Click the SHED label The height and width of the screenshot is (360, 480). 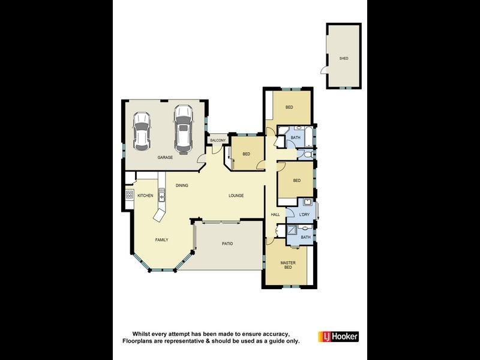pyautogui.click(x=344, y=58)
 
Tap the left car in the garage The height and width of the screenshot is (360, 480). pyautogui.click(x=142, y=131)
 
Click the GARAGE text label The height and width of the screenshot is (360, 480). pyautogui.click(x=165, y=157)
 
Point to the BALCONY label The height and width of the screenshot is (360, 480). pyautogui.click(x=218, y=140)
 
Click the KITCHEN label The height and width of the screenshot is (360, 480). pyautogui.click(x=145, y=196)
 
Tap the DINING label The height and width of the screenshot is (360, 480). pyautogui.click(x=182, y=185)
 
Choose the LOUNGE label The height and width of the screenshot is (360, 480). pyautogui.click(x=236, y=196)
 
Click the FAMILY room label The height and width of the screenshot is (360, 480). pyautogui.click(x=162, y=239)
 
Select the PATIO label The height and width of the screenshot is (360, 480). pyautogui.click(x=227, y=244)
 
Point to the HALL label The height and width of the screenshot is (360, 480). pyautogui.click(x=275, y=214)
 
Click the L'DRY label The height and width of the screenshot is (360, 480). pyautogui.click(x=305, y=214)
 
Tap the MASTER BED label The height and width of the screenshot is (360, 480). pyautogui.click(x=288, y=265)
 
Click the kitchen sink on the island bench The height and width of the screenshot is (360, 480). pyautogui.click(x=161, y=194)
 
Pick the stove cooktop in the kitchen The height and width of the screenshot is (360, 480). pyautogui.click(x=128, y=194)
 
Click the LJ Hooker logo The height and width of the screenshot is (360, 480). pyautogui.click(x=338, y=337)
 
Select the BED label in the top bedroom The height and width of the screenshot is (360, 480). pyautogui.click(x=289, y=107)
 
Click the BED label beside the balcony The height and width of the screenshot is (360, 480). pyautogui.click(x=246, y=154)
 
